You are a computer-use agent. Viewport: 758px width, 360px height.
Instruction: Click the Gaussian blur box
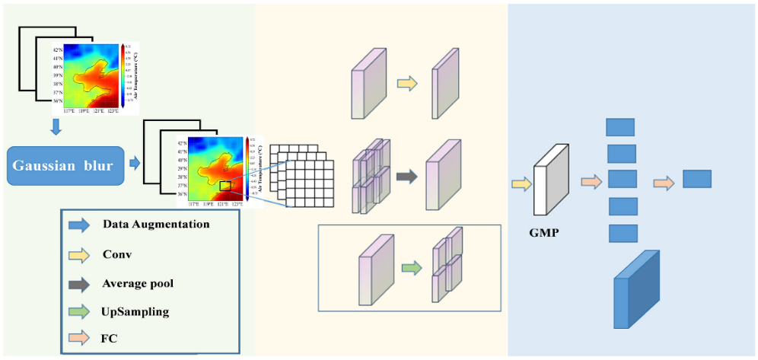coord(65,165)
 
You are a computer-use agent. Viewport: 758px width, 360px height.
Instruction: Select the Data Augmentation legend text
coord(156,225)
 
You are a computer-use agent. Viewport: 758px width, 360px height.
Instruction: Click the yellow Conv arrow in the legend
coord(78,254)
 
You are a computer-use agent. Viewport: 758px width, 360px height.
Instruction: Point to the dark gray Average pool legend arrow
coord(78,283)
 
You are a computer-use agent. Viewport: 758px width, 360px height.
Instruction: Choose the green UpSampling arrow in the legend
coord(78,312)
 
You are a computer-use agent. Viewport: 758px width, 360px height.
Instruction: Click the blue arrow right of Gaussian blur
coord(135,162)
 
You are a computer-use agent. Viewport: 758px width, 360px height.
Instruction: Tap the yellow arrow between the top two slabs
coord(408,84)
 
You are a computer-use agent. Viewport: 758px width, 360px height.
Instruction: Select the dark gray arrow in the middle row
coord(407,177)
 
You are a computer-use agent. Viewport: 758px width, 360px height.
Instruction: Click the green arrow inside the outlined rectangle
coord(411,267)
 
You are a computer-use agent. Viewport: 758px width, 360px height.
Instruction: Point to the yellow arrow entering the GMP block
coord(521,183)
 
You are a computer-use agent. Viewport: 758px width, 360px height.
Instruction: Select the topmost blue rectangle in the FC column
coord(620,126)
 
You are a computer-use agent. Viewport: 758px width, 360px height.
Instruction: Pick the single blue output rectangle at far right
coord(696,179)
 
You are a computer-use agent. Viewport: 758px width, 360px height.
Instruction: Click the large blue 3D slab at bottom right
coord(636,290)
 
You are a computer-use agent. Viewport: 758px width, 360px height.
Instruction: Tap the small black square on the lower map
coord(225,185)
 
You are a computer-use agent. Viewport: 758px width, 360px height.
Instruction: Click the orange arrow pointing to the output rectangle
coord(663,183)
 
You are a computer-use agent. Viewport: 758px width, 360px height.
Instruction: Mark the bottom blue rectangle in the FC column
coord(623,233)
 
